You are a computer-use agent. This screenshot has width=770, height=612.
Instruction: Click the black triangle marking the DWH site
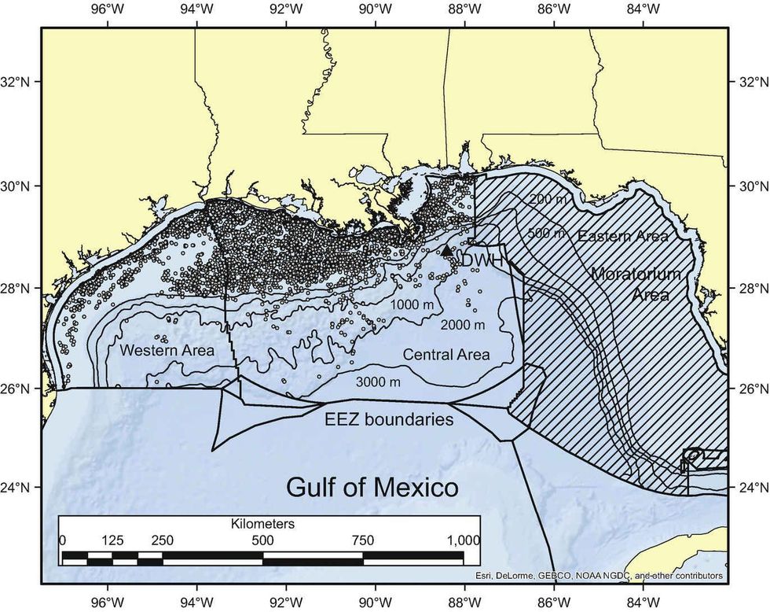coord(446,250)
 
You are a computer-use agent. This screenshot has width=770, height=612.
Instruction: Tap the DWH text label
coord(481,260)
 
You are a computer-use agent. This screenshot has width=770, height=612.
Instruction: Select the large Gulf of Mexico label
coord(372,487)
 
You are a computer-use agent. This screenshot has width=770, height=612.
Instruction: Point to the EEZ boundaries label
coord(389,420)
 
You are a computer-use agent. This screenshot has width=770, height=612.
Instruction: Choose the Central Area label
coord(446,355)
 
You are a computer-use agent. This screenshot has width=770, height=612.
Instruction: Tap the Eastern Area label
coord(623,236)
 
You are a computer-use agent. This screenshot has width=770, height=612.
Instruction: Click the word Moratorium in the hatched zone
coord(643,276)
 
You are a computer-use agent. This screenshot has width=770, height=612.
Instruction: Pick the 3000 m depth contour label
coord(379,382)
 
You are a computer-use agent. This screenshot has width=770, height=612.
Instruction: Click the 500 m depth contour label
coord(548,234)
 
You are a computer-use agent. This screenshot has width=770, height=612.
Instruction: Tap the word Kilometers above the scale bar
coord(262,523)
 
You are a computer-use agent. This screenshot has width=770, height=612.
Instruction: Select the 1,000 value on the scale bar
coord(462,540)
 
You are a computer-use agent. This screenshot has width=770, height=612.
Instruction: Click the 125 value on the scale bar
coord(112,540)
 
